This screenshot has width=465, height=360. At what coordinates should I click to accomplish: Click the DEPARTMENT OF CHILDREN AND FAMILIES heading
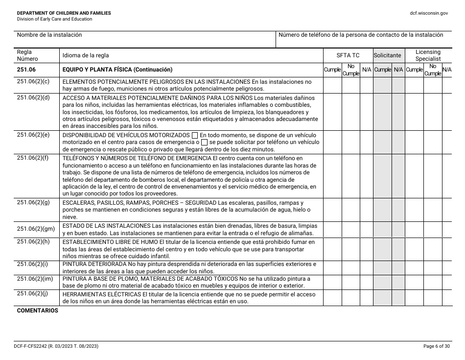(64, 13)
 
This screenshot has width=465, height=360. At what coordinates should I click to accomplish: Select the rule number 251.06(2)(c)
(33, 82)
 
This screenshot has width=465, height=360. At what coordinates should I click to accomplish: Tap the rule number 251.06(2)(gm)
(36, 229)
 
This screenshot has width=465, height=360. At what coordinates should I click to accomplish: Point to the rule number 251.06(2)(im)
(35, 279)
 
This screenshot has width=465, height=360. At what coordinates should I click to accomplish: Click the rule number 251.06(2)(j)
(33, 294)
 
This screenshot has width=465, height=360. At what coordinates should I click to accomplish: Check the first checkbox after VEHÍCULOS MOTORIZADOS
(195, 135)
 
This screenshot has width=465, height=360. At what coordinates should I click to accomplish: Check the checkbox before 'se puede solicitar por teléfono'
(205, 143)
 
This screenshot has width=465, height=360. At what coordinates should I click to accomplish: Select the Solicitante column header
(387, 56)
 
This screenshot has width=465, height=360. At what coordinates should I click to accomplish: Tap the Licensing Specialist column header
(428, 55)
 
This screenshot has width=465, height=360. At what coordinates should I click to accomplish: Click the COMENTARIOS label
(38, 311)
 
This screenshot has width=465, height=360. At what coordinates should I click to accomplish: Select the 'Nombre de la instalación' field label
(49, 35)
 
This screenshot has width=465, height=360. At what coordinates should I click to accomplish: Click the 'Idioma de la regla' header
(86, 56)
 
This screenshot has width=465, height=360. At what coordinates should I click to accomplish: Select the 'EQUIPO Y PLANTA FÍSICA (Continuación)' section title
(117, 70)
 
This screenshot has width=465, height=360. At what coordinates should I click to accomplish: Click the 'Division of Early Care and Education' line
(54, 19)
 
